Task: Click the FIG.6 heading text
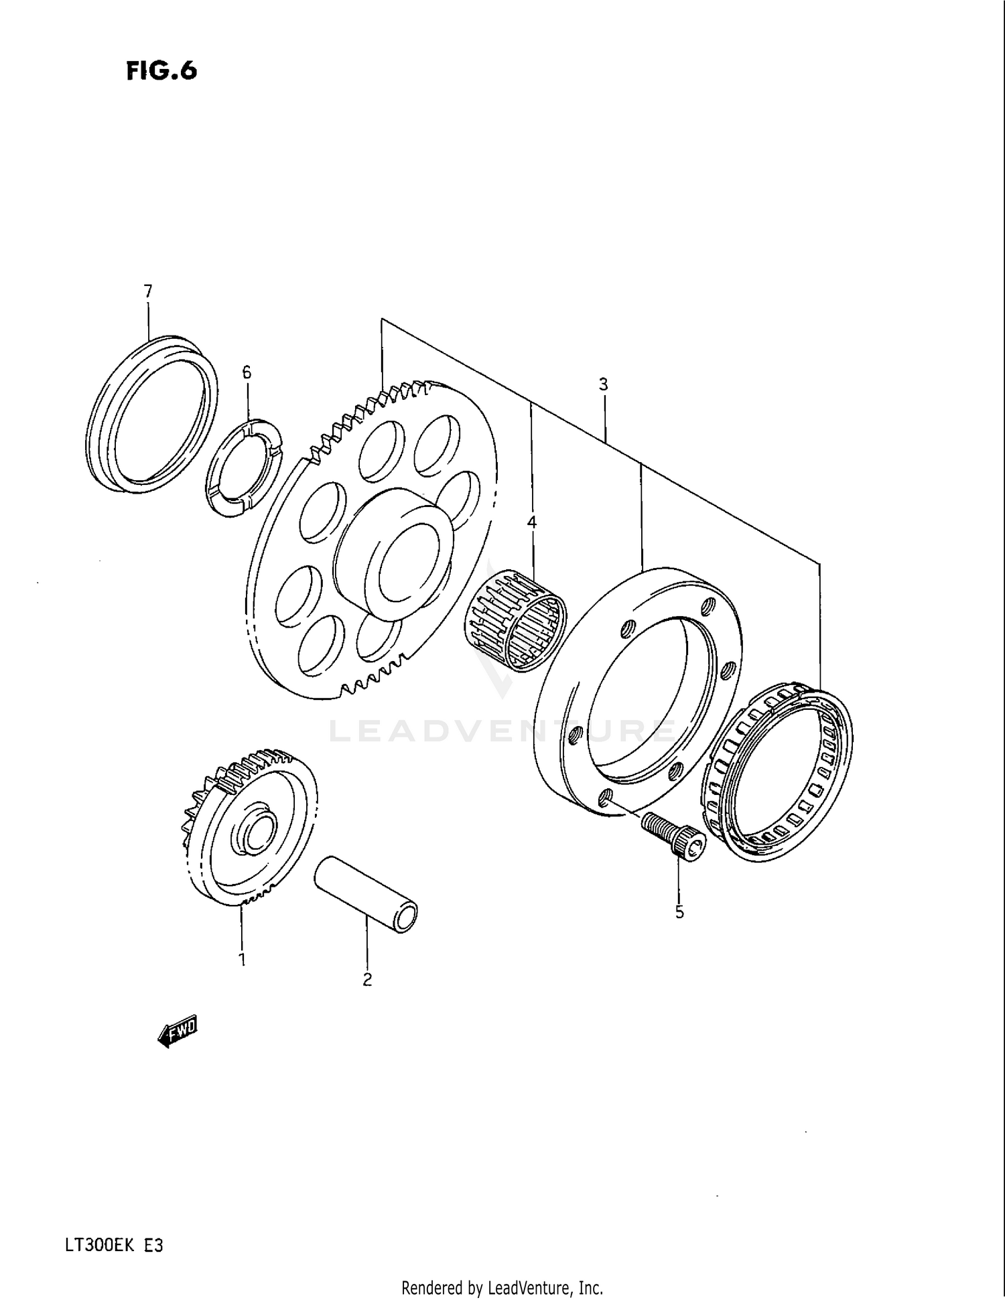coord(161,70)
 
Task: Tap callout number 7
coord(147,291)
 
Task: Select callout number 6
coord(247,372)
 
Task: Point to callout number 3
coord(603,384)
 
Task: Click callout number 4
coord(531,522)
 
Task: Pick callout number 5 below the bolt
coord(679,912)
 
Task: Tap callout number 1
coord(242,959)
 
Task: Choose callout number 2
coord(367,979)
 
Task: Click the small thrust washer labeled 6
coord(244,467)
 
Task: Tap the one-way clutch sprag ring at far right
coord(777,770)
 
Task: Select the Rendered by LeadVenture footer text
coord(502,1287)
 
